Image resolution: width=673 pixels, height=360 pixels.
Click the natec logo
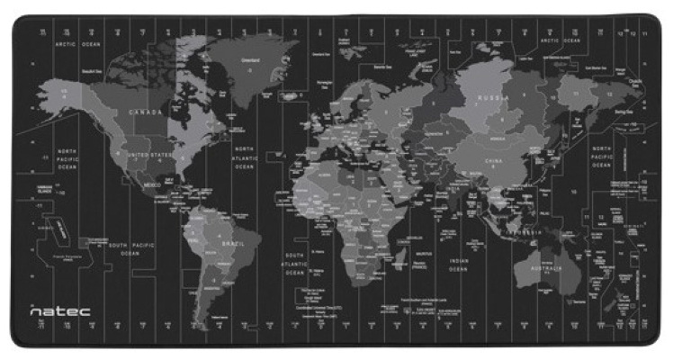coord(59,310)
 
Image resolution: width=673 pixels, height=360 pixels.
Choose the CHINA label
coord(493,162)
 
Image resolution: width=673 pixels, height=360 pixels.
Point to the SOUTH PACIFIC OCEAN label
coord(130,248)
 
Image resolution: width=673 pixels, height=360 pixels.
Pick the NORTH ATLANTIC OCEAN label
coord(246,156)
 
